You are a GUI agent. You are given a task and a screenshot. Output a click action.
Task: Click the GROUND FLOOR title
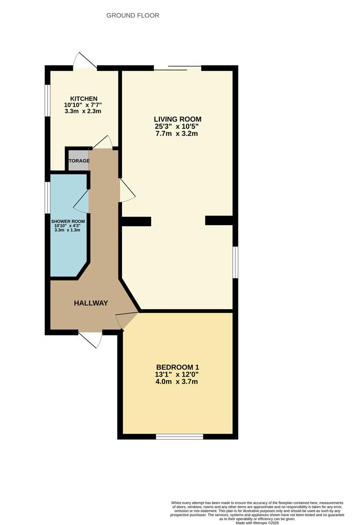[133, 16]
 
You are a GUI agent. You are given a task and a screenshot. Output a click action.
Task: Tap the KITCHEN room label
[84, 98]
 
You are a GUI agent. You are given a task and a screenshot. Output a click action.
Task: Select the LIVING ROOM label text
[177, 119]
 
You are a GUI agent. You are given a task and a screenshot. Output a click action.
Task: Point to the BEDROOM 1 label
[178, 367]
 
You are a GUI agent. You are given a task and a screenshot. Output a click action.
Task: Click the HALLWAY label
[91, 303]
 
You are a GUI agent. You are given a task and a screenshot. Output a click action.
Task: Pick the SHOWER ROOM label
[68, 221]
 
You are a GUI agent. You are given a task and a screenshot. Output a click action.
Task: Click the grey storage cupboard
[78, 161]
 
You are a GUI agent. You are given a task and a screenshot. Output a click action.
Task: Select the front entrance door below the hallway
[91, 339]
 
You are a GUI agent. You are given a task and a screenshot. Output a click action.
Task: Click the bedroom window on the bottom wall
[179, 437]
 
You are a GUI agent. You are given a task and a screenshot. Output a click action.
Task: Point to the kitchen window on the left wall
[48, 101]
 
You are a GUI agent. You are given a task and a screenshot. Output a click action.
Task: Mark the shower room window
[48, 197]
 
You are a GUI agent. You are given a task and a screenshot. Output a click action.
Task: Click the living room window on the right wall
[235, 262]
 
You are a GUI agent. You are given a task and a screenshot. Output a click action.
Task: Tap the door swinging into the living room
[127, 190]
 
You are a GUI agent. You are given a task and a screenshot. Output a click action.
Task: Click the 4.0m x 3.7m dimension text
[178, 382]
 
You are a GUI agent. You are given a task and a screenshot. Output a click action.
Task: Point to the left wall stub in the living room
[136, 222]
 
